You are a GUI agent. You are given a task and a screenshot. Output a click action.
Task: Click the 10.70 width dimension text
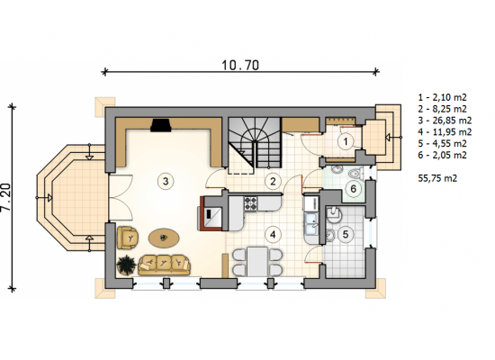(240, 65)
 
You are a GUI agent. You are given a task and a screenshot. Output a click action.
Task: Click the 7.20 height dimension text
(5, 197)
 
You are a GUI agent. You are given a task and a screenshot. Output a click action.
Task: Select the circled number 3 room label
(166, 181)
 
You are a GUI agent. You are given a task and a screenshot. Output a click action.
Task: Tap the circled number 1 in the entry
(346, 141)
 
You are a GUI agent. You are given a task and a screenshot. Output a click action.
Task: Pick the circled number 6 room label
(354, 189)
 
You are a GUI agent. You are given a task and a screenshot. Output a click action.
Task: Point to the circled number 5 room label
(346, 234)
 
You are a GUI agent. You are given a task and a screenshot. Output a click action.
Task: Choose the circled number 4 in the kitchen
(273, 234)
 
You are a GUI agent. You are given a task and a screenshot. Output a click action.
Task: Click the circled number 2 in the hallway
(273, 181)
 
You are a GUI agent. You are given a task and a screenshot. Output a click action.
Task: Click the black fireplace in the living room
(161, 125)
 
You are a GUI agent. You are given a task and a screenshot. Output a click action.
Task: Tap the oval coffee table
(164, 238)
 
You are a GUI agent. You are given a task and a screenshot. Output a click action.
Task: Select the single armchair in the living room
(128, 238)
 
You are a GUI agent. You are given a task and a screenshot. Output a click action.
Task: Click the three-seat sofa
(164, 265)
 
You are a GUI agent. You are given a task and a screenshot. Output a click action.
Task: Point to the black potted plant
(126, 265)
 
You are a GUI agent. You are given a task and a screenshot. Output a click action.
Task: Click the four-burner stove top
(251, 203)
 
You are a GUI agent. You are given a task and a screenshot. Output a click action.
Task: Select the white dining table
(257, 262)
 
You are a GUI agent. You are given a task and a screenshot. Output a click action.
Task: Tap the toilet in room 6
(356, 174)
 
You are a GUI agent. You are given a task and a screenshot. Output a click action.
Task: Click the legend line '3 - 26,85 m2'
(445, 121)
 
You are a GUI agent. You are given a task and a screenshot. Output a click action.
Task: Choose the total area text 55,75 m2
(437, 178)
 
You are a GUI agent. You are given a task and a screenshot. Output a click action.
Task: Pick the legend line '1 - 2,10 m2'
(442, 97)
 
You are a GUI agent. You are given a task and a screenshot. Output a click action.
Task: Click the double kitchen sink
(311, 223)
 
